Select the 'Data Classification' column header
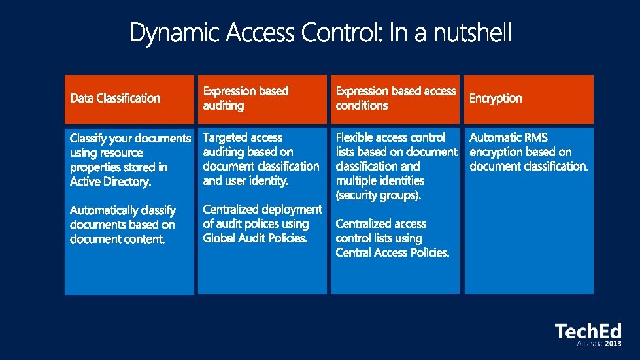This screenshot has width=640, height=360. [115, 98]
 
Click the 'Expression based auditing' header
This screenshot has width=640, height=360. [245, 98]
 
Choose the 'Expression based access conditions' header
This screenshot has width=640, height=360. [396, 98]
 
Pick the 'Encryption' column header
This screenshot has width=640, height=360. [496, 98]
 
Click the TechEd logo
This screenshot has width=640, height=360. [588, 331]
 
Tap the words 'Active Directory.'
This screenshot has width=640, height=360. [110, 182]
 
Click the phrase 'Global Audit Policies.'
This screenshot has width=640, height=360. [255, 238]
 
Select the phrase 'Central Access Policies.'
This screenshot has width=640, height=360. [392, 253]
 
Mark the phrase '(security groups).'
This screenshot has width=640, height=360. [379, 195]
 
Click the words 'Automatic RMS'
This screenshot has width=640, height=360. [509, 138]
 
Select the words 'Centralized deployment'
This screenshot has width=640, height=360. [262, 210]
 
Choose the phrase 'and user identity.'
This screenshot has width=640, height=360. [245, 181]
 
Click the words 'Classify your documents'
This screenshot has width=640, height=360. [130, 139]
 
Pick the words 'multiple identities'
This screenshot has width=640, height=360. [380, 181]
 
